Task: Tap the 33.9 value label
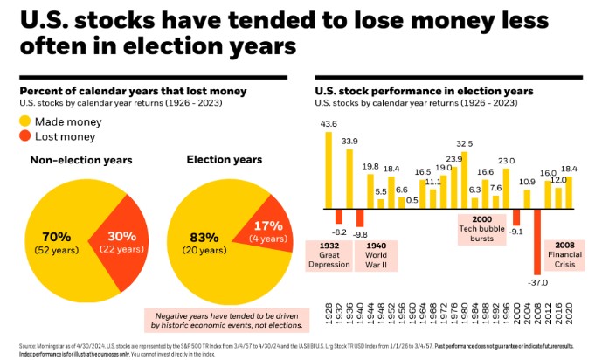coord(349,141)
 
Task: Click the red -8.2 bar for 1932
coord(340,216)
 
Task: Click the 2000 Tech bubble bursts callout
coord(481,230)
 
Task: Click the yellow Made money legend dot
coord(26,121)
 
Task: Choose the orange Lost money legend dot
coord(26,136)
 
